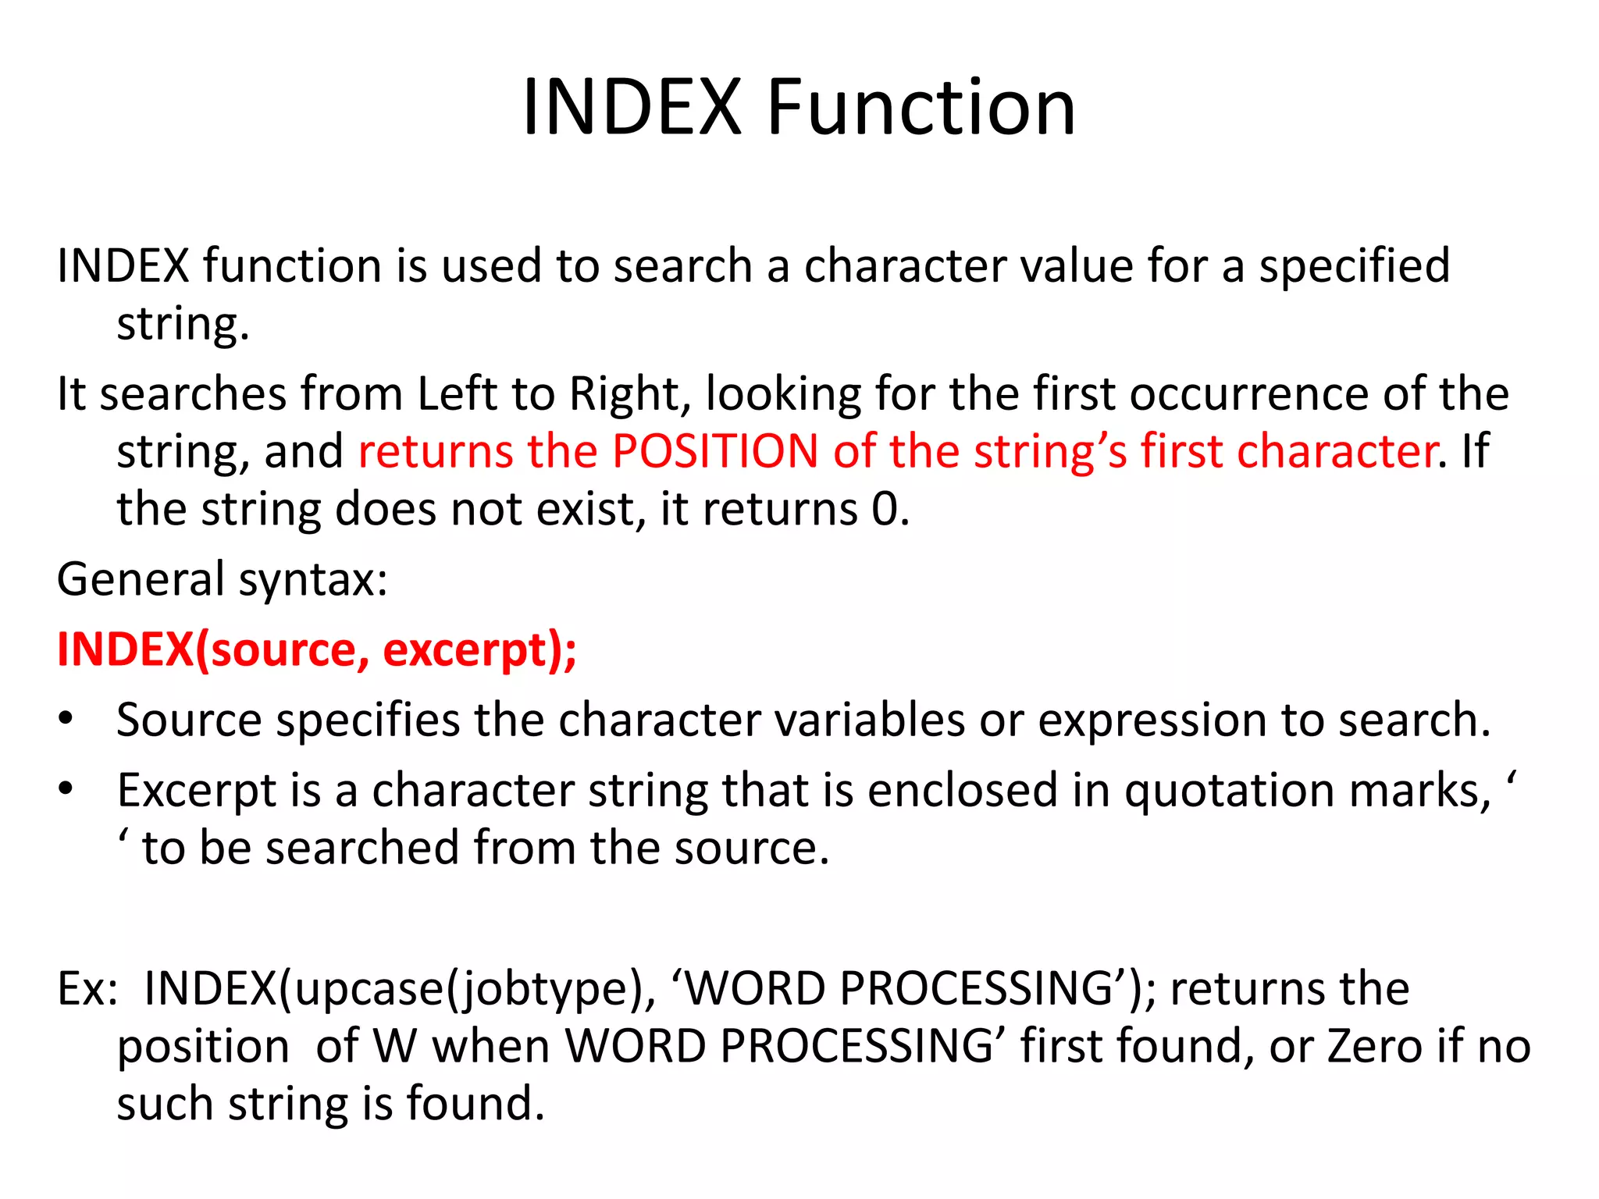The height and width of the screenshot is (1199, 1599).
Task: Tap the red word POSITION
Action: [714, 451]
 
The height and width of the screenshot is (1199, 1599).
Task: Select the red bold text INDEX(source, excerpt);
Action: [317, 649]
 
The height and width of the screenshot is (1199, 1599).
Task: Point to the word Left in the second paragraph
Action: [457, 393]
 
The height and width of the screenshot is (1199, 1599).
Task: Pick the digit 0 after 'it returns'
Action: [885, 510]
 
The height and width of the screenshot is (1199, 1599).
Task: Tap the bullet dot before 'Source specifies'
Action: [66, 718]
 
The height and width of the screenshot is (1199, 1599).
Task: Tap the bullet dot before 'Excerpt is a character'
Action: [66, 789]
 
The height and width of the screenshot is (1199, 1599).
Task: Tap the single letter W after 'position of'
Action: [395, 1046]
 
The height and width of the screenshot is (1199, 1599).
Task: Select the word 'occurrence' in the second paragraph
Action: [1249, 393]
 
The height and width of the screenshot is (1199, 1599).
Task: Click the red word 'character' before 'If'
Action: [1337, 451]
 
